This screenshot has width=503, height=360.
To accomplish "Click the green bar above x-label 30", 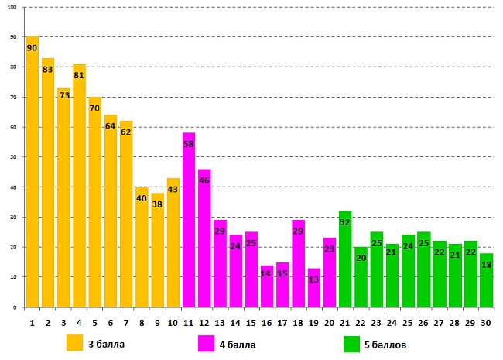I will coord(486,279).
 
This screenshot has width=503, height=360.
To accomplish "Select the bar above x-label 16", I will coord(267,286).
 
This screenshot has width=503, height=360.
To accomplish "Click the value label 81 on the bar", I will coord(79,76).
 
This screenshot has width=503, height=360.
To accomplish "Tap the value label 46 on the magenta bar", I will coord(204,180).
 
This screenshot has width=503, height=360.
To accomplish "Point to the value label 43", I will coord(173,190).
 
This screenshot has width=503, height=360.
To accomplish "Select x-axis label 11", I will coord(189,321).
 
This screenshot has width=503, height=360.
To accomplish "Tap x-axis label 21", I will coord(345,321).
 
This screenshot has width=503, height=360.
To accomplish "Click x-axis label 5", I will coord(94,321).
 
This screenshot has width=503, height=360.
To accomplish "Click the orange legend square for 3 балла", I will coord(74,342).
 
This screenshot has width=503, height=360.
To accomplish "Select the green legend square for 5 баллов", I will coord(352,342).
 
